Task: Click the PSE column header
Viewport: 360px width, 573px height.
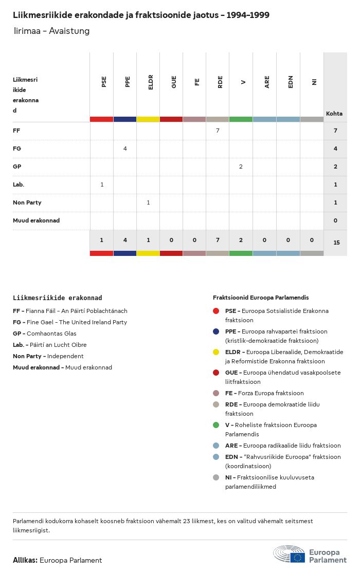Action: click(104, 82)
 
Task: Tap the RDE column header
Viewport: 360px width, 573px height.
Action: click(220, 82)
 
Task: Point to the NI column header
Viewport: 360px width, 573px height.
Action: click(314, 82)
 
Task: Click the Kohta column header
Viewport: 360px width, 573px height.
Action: click(334, 114)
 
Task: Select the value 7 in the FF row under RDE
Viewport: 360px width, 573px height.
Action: click(218, 131)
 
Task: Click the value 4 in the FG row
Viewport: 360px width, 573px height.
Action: click(125, 149)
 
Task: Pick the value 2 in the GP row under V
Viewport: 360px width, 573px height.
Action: click(241, 167)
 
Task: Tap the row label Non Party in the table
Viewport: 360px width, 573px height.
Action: click(27, 202)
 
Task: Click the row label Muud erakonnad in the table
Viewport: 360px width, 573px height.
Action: click(36, 220)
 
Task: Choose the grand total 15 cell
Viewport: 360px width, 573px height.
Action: click(336, 242)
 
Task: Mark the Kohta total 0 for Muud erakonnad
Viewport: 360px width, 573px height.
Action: click(335, 220)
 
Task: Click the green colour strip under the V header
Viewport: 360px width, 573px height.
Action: click(241, 119)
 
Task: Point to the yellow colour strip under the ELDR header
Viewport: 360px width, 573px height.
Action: click(148, 119)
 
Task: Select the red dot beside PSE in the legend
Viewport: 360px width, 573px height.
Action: click(216, 311)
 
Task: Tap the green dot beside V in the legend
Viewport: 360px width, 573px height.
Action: click(216, 425)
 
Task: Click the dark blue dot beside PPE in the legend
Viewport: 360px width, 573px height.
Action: click(216, 331)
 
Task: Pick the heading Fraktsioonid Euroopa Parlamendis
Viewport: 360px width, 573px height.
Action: click(261, 298)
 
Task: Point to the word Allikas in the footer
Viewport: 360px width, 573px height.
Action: click(25, 560)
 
